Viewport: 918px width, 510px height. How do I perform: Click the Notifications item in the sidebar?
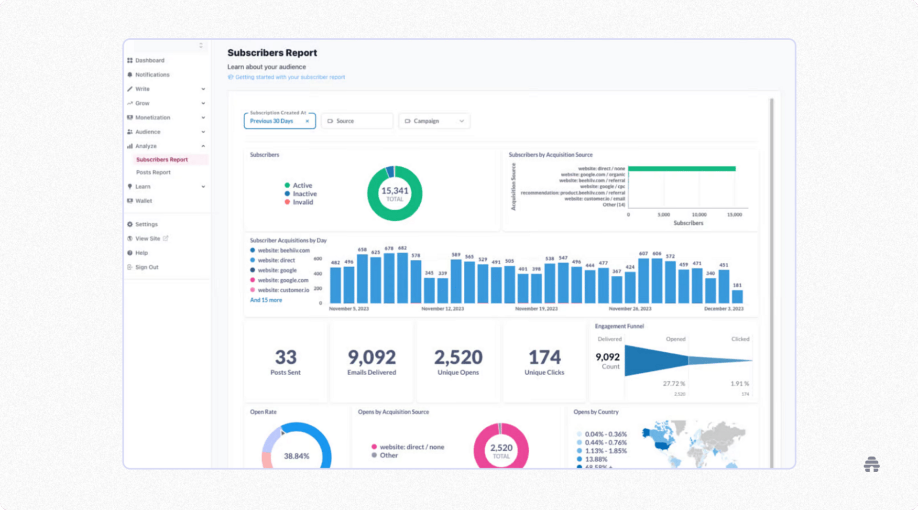[x=152, y=75]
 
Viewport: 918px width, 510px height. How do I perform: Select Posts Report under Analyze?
[x=153, y=172]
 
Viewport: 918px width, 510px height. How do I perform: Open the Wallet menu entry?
[x=143, y=201]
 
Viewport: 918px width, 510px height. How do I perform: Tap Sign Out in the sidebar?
[x=146, y=267]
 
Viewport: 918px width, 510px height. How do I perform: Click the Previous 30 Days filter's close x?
[x=307, y=121]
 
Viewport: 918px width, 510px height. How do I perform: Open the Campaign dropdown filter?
[x=434, y=121]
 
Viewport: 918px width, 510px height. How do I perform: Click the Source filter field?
[x=357, y=121]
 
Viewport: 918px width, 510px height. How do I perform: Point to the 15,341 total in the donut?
[x=394, y=191]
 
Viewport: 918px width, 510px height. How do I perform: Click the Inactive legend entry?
[x=304, y=194]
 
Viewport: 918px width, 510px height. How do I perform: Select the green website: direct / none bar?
[x=681, y=169]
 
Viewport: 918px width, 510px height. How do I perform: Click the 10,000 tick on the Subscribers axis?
[x=699, y=215]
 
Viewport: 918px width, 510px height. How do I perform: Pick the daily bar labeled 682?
[x=403, y=277]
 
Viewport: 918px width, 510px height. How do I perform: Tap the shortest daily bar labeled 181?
[x=737, y=296]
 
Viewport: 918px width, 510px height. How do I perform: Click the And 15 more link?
[x=266, y=300]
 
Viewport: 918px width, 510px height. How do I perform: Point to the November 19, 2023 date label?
[x=536, y=309]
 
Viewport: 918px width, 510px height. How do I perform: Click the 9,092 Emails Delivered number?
[x=372, y=357]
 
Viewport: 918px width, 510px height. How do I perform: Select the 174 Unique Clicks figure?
[x=544, y=357]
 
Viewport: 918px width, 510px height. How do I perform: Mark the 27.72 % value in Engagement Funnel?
[x=674, y=383]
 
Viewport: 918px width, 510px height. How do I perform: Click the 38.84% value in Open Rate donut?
[x=296, y=456]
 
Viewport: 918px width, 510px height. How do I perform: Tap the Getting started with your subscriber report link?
[x=290, y=77]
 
